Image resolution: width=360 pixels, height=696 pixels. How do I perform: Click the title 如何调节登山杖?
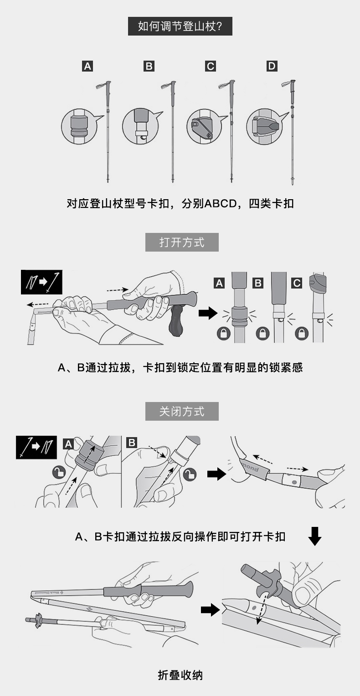click(180, 26)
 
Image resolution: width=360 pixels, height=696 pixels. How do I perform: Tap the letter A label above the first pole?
click(87, 66)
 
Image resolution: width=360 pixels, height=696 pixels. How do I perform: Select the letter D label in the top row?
click(272, 66)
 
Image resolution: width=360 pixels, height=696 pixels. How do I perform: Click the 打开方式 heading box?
click(182, 242)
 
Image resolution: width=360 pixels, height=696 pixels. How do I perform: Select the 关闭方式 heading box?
click(182, 412)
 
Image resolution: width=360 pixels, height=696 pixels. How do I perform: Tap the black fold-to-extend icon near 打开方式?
click(41, 282)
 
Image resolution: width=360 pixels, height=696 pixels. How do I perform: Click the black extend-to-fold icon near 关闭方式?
click(36, 448)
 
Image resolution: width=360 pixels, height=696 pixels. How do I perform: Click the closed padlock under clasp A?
click(223, 333)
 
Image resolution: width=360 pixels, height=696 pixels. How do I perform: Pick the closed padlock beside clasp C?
click(302, 333)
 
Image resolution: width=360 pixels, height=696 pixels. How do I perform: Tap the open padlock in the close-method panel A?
click(59, 473)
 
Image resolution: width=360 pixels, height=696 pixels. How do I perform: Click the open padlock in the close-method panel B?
click(190, 474)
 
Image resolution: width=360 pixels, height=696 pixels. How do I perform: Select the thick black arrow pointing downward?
click(314, 536)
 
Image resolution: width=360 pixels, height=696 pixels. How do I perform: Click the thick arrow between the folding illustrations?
click(210, 609)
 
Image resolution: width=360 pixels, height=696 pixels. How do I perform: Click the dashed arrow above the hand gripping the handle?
click(118, 290)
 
